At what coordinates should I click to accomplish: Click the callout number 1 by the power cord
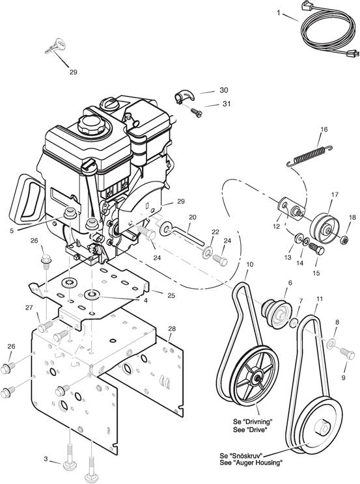[279, 12]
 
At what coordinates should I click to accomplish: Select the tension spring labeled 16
[309, 156]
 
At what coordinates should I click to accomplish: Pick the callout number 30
[224, 90]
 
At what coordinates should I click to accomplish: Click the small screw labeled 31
[196, 112]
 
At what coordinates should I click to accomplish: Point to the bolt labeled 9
[348, 353]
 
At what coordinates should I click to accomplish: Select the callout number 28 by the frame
[172, 329]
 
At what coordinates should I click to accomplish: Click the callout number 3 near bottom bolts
[46, 459]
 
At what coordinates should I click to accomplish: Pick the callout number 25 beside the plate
[171, 295]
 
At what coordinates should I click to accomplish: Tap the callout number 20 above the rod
[192, 217]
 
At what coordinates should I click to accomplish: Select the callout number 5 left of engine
[12, 230]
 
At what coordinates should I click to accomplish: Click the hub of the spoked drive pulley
[256, 378]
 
